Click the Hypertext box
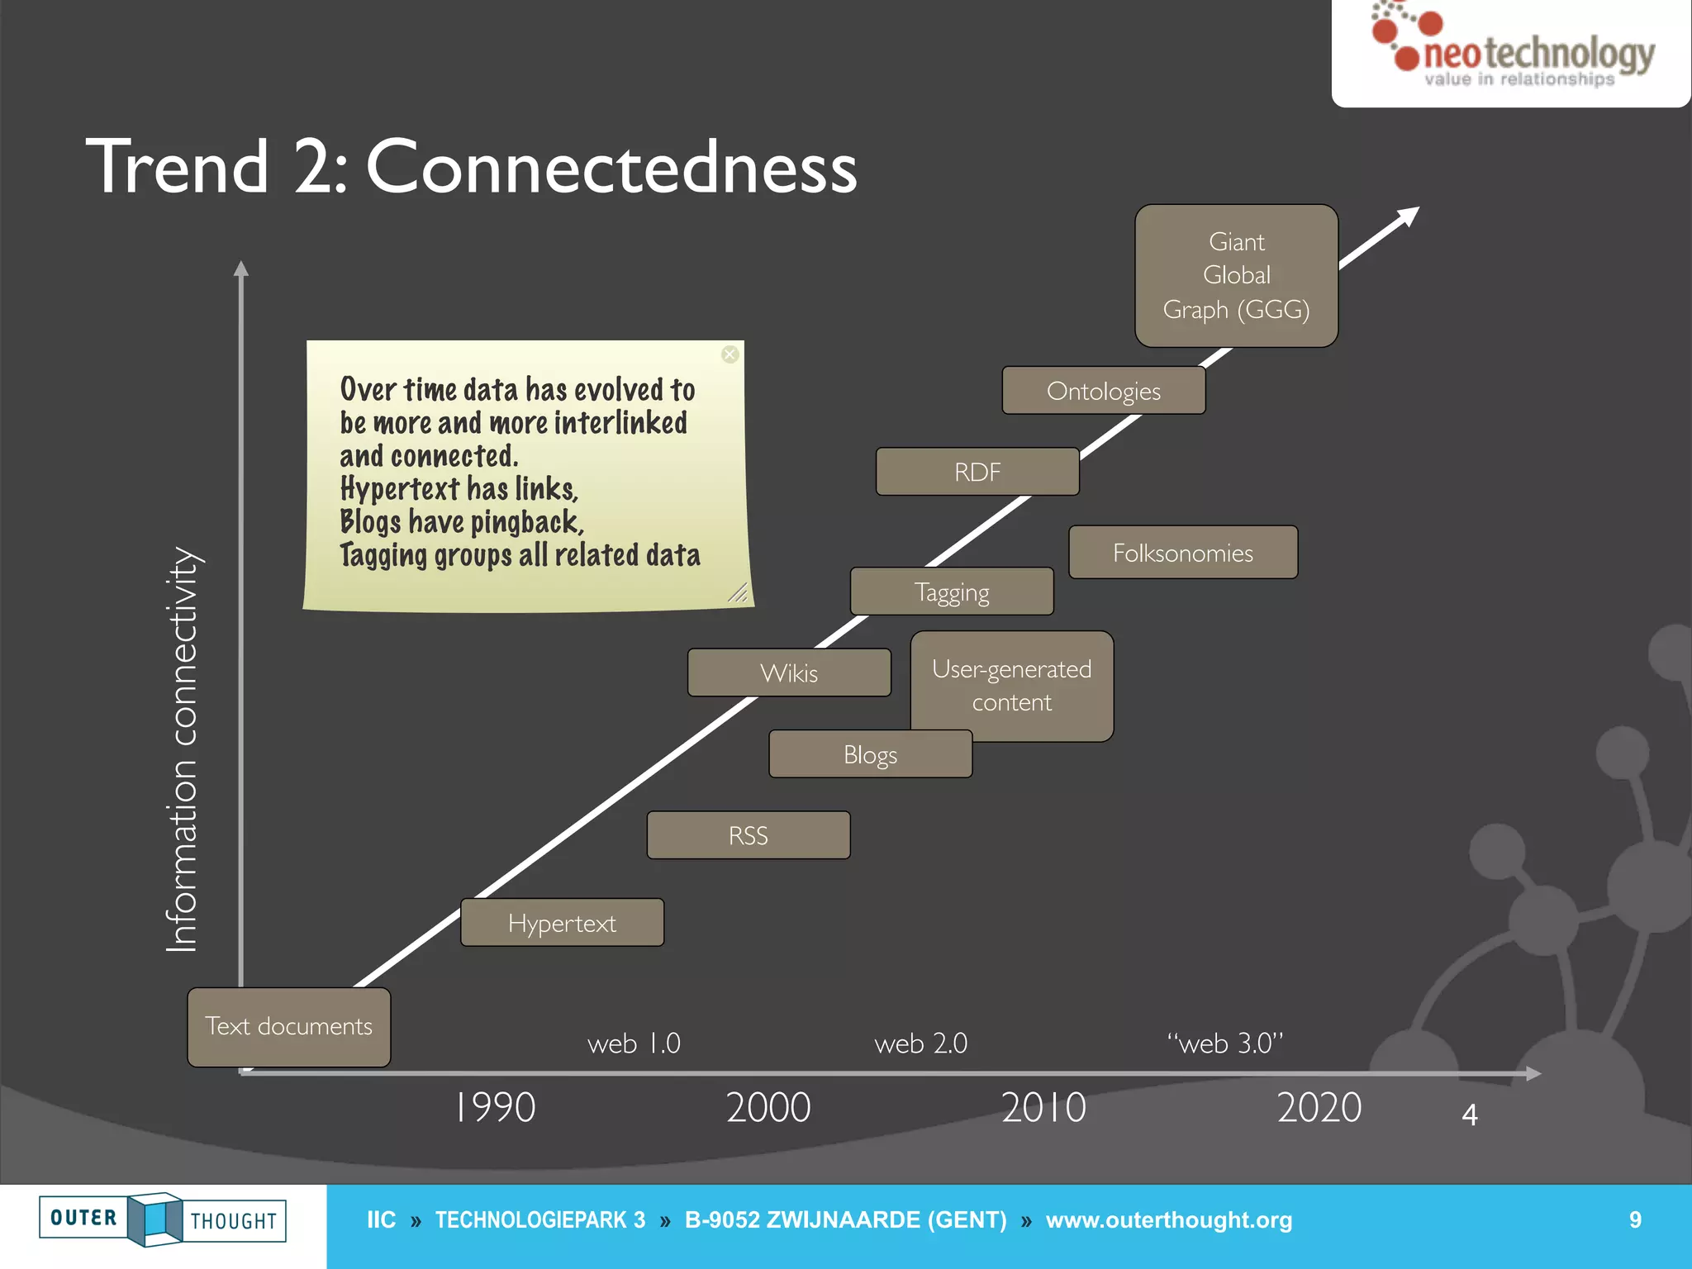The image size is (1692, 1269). point(562,922)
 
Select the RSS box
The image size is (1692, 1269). point(748,835)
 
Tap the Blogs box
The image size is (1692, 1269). point(870,754)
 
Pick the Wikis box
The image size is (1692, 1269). point(789,673)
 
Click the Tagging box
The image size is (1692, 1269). point(952,592)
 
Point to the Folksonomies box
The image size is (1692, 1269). point(1182,553)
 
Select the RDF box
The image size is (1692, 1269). point(977,472)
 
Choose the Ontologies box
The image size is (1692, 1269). point(1103,391)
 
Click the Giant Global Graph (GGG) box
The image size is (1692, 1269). point(1236,276)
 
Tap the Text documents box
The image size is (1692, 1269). point(288,1027)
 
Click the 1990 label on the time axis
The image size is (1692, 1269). point(496,1107)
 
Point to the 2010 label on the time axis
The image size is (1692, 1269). point(1043,1107)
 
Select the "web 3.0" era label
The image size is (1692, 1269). point(1225,1043)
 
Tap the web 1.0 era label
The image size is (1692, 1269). point(634,1043)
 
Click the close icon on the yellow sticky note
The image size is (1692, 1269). point(730,354)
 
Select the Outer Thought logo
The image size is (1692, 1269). point(163,1219)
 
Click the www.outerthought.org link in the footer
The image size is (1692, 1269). point(1168,1220)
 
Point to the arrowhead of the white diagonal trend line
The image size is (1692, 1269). point(1409,216)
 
